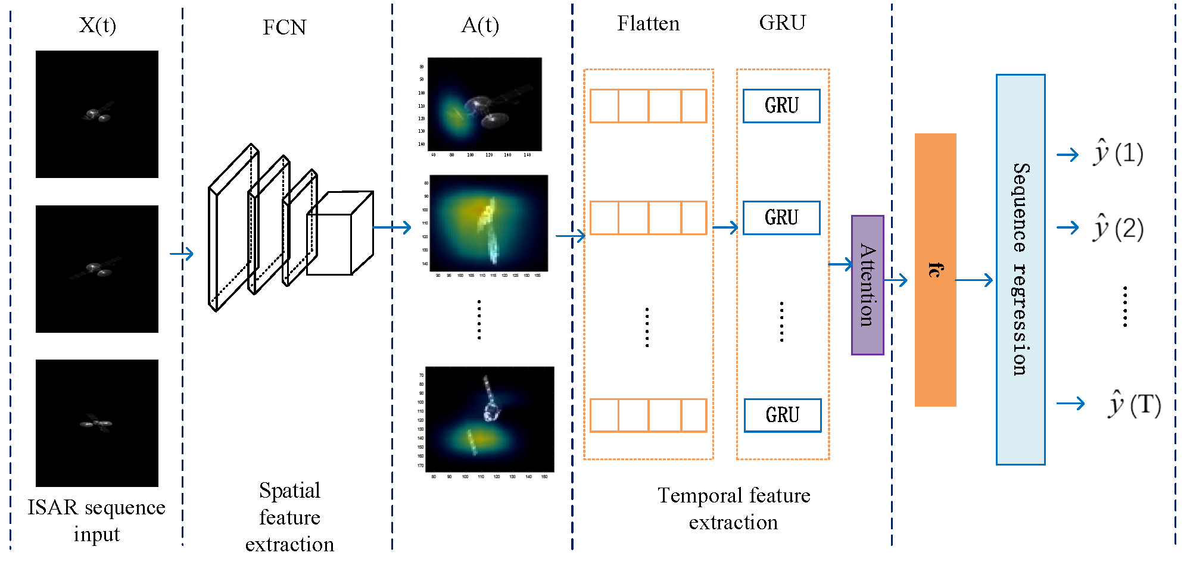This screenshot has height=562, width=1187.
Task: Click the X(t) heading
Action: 98,26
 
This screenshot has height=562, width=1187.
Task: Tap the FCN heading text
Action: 284,27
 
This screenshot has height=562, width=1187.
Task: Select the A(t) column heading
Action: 480,26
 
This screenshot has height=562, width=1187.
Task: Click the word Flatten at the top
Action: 648,24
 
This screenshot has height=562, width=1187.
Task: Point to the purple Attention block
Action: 867,285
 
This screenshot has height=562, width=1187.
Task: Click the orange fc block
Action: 935,270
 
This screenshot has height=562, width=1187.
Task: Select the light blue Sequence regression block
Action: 1020,270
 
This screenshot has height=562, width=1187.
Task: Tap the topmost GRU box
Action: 781,106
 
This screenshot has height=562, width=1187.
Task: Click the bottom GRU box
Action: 782,415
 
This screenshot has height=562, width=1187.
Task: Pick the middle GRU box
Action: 781,218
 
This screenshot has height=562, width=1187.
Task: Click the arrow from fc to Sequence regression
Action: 974,280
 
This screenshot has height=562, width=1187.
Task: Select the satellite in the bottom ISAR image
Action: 96,423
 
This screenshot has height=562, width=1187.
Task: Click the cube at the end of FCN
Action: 339,233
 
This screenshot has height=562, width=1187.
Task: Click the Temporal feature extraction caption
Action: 733,508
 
